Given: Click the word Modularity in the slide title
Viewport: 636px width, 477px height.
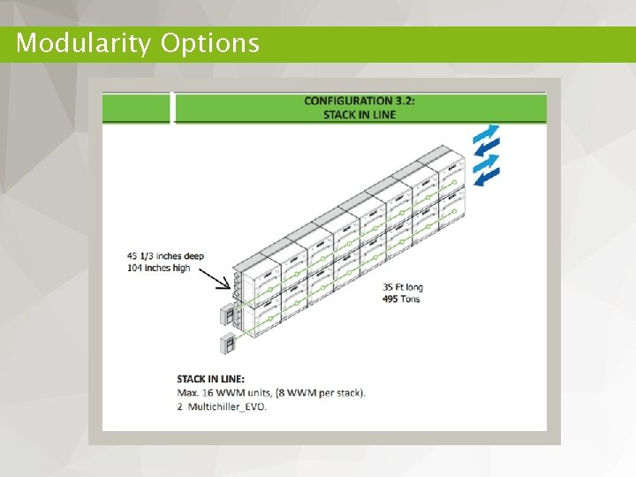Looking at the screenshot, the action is [84, 43].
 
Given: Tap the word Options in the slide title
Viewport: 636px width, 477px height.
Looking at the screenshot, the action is [210, 43].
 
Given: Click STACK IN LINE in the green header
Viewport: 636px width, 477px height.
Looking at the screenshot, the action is [360, 115].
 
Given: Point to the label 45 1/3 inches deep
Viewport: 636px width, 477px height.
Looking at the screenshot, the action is [165, 256].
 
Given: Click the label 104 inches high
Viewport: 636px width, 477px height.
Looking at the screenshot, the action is [158, 268].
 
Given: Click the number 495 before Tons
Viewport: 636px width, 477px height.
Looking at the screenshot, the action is [392, 299].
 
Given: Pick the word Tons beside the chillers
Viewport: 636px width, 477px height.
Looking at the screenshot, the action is [410, 299].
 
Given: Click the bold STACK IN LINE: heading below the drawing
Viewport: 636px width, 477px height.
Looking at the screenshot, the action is [210, 379].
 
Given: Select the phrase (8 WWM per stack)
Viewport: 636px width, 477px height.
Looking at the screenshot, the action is [315, 392].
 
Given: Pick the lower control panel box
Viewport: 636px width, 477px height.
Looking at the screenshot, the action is [227, 344].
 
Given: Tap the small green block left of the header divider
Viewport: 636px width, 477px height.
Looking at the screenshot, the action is [136, 107].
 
